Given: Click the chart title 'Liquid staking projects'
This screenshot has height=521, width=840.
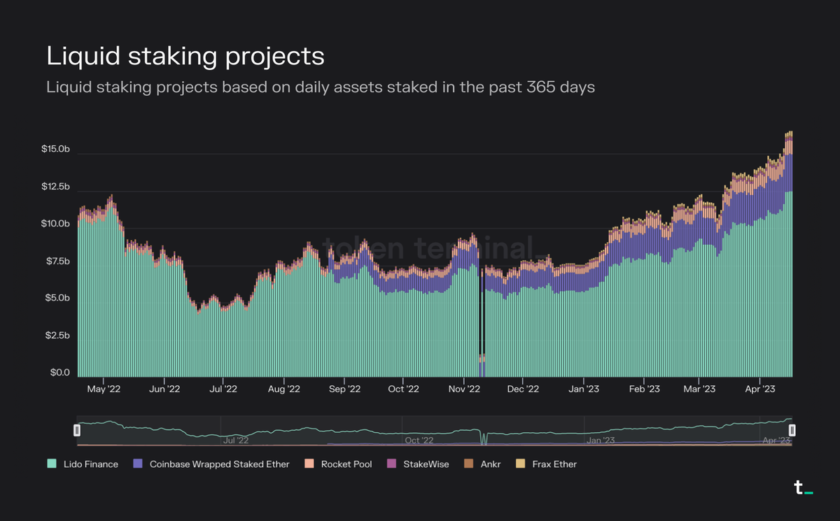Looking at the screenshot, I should point(185,56).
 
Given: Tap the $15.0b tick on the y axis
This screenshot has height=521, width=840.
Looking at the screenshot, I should point(55,150).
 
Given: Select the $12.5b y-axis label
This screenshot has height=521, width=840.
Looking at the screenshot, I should point(55,187).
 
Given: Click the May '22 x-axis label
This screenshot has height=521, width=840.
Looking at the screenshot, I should point(104,389).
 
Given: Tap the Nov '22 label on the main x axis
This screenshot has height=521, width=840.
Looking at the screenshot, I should point(464,389).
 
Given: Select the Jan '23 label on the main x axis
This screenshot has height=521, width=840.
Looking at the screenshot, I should point(584,389).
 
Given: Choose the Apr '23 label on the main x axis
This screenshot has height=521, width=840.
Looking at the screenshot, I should point(760,389).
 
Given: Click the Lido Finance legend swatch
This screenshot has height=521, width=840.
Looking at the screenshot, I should point(52,464).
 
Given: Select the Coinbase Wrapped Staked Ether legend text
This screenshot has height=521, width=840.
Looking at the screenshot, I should point(219,464).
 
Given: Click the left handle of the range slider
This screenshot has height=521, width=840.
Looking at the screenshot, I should point(78,431).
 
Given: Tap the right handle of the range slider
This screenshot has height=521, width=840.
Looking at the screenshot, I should point(793,431).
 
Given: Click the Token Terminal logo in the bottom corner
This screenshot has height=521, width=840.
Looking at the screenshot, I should point(803,488).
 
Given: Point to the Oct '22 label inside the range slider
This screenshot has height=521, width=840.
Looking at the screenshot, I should point(417,441).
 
